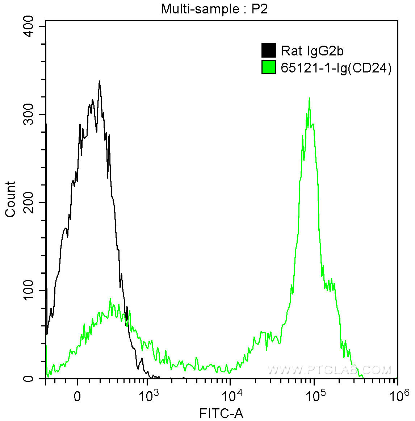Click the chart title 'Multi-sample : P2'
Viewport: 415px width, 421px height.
pos(214,9)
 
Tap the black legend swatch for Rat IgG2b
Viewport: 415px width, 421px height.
pos(269,50)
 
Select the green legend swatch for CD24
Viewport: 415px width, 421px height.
pos(269,67)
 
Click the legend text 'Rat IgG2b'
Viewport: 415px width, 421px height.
pos(312,51)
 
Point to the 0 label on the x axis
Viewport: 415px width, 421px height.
pos(77,396)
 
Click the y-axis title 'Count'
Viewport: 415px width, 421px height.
pos(11,199)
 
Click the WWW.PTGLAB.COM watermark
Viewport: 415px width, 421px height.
pos(329,370)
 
